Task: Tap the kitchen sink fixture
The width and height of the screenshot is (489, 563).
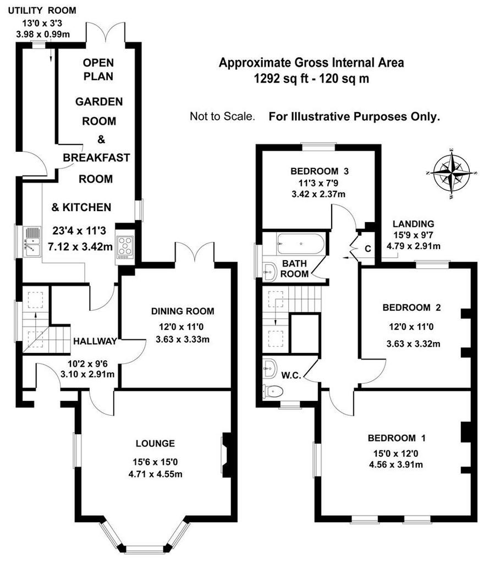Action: coord(31,241)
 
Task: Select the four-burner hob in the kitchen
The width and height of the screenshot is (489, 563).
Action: coord(125,247)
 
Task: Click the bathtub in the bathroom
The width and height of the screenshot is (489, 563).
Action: coord(301,244)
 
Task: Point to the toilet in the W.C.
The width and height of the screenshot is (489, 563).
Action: coord(273,391)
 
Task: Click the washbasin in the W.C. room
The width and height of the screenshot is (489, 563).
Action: coord(270,368)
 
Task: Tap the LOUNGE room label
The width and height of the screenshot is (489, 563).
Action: coord(155,444)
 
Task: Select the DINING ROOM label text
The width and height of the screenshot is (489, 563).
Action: coord(183,311)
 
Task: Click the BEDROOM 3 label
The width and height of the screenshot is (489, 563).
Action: coord(320,172)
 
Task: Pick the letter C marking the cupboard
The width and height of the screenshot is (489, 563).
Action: coord(368,249)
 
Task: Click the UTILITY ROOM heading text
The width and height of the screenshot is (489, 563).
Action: coord(42,10)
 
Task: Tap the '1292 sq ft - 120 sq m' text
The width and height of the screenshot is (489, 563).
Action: coord(311,78)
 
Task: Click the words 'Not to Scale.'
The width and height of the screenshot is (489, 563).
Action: coord(222,117)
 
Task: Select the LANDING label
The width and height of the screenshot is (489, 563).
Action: coord(413,224)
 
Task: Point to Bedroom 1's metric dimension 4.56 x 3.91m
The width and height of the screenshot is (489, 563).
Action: coord(396,465)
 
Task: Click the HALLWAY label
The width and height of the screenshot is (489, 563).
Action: coord(95,341)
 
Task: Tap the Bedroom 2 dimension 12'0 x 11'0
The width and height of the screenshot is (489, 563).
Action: coord(411,327)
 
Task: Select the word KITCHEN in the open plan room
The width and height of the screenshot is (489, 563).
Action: coord(86,207)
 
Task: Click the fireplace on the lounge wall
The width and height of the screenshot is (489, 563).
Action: coord(227,454)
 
